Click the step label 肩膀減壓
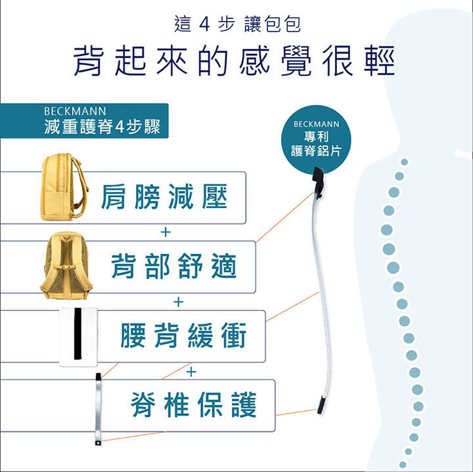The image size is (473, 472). tap(164, 197)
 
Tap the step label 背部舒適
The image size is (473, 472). tap(173, 266)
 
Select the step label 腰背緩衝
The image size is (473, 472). tap(183, 335)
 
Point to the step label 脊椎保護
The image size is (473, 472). tap(193, 404)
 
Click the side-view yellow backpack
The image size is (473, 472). tap(65, 187)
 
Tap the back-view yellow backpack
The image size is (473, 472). tap(66, 265)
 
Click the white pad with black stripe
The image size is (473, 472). tap(78, 337)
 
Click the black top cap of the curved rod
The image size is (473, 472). tap(319, 181)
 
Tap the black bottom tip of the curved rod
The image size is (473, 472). tap(321, 406)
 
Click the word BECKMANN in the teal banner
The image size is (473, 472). tap(75, 111)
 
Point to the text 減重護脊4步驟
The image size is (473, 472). tap(102, 127)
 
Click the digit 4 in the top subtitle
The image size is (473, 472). tap(204, 24)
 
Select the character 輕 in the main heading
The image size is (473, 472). tap(379, 61)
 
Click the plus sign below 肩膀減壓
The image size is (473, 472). tap(166, 232)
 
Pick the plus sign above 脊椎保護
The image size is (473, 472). tap(191, 372)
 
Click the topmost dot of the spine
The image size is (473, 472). tap(404, 162)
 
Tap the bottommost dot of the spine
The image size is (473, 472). tap(403, 465)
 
